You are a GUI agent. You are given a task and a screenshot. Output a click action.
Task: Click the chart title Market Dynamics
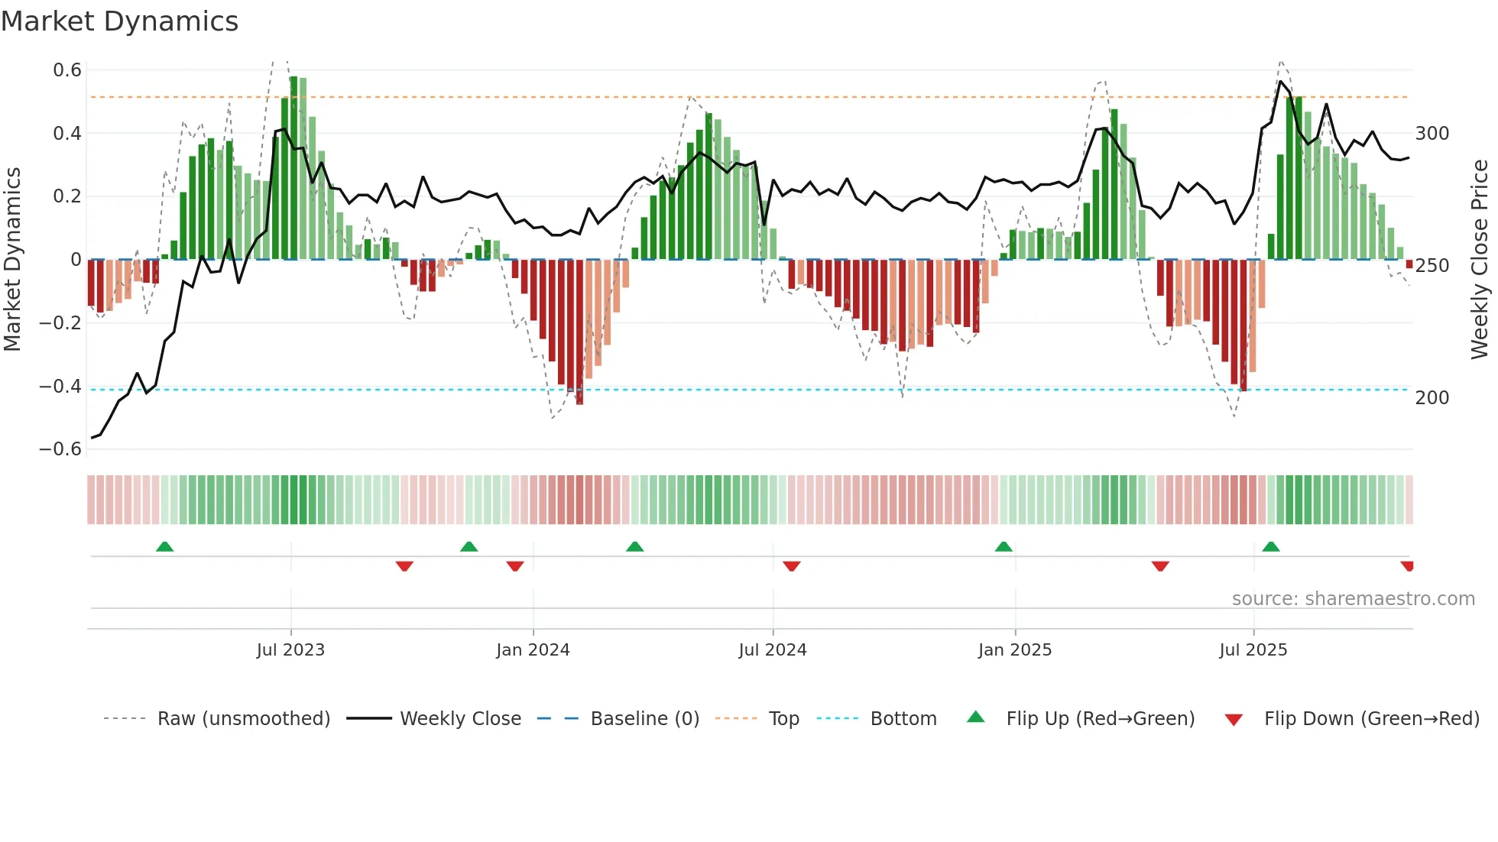(119, 21)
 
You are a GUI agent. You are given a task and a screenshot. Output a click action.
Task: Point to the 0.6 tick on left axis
(67, 70)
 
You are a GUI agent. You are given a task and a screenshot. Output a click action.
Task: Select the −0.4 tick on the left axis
(60, 387)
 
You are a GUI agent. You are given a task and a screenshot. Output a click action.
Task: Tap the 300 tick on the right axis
(1432, 134)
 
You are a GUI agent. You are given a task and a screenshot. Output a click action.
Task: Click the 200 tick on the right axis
(1432, 398)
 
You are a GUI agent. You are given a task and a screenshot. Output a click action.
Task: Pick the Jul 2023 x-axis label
(290, 650)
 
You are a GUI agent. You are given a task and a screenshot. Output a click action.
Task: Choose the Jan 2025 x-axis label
(1014, 650)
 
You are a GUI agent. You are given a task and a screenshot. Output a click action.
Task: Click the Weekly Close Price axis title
(1480, 260)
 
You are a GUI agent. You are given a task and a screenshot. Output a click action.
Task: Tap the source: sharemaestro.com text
(1353, 599)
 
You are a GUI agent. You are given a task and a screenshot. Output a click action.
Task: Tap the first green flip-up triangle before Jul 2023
(164, 546)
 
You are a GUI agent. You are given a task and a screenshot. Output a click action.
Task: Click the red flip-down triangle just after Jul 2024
(792, 566)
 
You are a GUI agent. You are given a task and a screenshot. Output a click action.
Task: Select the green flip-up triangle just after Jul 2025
(1271, 546)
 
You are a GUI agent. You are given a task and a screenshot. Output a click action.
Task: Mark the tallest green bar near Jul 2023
(293, 168)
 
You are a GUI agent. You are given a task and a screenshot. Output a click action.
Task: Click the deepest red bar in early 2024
(579, 332)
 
